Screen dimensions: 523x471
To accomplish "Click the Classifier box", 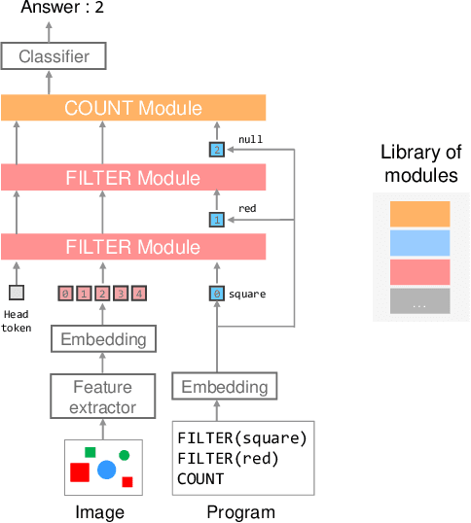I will [54, 56].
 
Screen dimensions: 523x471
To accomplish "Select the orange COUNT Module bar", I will [133, 108].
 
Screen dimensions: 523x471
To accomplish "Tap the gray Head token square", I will [16, 293].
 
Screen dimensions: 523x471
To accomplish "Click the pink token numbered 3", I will [121, 293].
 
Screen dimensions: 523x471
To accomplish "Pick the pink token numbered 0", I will [65, 293].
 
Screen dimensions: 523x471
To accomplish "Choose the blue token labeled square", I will [217, 293].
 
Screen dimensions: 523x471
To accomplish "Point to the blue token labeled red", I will [217, 220].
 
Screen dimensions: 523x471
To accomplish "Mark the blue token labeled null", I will [217, 149].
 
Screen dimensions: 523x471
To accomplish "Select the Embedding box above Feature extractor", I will [103, 339].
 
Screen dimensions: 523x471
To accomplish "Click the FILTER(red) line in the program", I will [228, 457].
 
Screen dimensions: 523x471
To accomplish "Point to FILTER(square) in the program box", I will [242, 436].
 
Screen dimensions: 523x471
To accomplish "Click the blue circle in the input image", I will [106, 471].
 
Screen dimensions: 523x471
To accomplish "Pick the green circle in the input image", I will [125, 455].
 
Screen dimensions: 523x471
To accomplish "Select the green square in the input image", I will [91, 452].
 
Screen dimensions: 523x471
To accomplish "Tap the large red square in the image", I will [80, 471].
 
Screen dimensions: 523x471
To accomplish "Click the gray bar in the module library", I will [419, 301].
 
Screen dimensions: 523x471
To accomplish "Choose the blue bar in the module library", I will [419, 243].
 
